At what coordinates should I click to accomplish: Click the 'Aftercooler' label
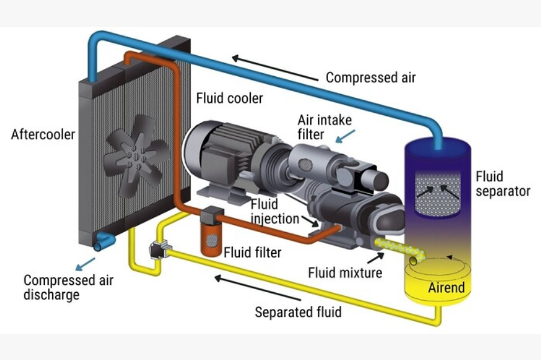pyautogui.click(x=43, y=134)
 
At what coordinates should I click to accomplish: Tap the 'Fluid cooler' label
pyautogui.click(x=230, y=98)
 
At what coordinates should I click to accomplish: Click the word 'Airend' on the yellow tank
pyautogui.click(x=446, y=287)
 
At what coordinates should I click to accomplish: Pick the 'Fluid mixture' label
pyautogui.click(x=345, y=273)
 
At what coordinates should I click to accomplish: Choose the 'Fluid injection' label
pyautogui.click(x=274, y=211)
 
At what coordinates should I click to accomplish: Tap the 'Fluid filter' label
pyautogui.click(x=252, y=252)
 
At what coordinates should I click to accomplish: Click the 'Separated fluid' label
pyautogui.click(x=298, y=312)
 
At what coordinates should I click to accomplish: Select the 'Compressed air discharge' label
pyautogui.click(x=68, y=287)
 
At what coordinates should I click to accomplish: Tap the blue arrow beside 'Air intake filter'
pyautogui.click(x=347, y=136)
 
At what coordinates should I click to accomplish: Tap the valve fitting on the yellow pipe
pyautogui.click(x=160, y=248)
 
